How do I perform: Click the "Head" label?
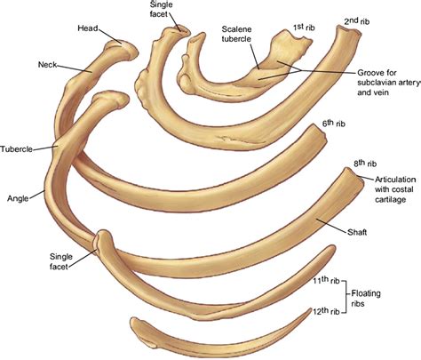tap(88, 28)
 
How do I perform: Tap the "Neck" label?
tap(47, 64)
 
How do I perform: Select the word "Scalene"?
tap(236, 29)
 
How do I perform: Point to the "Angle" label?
tap(18, 198)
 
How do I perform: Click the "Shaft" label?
tap(357, 232)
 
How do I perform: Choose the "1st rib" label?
tap(304, 28)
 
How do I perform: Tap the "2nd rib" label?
tap(357, 21)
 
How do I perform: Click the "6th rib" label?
tap(334, 124)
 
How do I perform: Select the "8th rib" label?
tap(365, 164)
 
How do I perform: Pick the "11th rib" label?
tap(326, 280)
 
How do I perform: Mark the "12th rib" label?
tap(326, 311)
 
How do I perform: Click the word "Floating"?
tap(366, 294)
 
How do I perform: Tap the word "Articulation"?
tap(395, 180)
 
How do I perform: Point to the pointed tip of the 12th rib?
tap(311, 309)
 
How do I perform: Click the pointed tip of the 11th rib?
tap(333, 246)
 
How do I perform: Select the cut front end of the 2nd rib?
tap(350, 31)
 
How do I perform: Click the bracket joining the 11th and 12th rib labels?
tap(345, 296)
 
